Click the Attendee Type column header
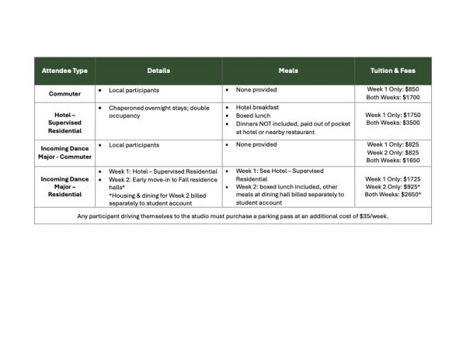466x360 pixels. coord(64,71)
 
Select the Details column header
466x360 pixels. coord(158,71)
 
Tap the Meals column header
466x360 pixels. coord(288,71)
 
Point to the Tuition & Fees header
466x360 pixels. coord(393,71)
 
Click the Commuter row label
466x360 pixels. coord(64,94)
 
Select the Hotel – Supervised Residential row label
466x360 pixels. coord(64,121)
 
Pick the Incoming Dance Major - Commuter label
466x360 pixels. coord(64,152)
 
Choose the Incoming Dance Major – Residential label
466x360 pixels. coord(64,187)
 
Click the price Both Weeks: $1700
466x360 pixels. coord(393,99)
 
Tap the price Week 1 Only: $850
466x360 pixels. coord(393,90)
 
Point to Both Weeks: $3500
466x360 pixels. coord(393,123)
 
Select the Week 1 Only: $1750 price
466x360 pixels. coord(393,114)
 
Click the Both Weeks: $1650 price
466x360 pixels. coord(393,161)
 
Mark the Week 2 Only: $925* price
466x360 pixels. coord(393,187)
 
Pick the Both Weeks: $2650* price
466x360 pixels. coord(393,195)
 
